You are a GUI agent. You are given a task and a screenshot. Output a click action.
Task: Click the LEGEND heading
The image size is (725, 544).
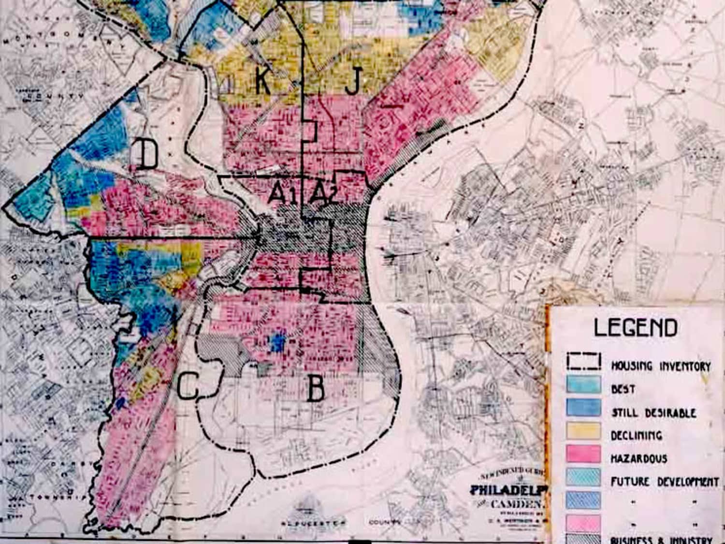coord(635,328)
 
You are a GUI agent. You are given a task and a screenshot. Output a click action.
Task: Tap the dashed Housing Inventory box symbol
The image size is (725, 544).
coord(584,362)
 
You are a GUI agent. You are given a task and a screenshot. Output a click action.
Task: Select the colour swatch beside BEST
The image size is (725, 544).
coord(584,385)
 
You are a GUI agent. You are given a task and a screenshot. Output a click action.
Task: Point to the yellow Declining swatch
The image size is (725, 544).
coord(584,431)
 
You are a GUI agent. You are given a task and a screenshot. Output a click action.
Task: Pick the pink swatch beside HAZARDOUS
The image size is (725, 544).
coord(584,454)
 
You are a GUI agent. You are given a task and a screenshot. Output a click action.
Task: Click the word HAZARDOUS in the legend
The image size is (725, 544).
coord(639,458)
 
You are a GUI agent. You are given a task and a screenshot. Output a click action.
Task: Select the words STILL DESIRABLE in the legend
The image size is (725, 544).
coord(654,412)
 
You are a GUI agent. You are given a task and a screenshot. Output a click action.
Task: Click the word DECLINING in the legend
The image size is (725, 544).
coord(636,435)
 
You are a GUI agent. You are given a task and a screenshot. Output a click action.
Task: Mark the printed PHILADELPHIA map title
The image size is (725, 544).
coord(508,490)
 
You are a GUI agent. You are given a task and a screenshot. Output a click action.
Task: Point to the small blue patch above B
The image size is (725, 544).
coord(277,342)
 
